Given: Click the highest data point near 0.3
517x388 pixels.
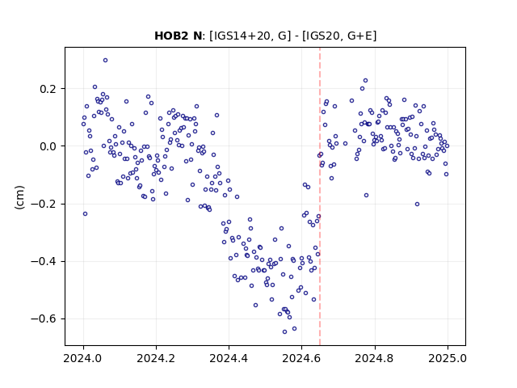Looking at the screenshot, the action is coord(106,61).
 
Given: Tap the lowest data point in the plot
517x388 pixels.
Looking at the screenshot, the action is coord(285,332).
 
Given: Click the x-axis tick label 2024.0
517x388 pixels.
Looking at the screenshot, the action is coord(83,358).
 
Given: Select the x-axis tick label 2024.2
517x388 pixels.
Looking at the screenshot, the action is coord(156,358).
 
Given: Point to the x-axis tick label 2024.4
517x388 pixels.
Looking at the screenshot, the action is coord(229,358).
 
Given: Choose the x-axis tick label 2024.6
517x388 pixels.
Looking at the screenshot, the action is coord(301,358).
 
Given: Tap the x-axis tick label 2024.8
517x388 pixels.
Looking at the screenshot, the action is coord(375,358).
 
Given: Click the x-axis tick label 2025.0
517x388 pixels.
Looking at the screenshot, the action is coord(448,358).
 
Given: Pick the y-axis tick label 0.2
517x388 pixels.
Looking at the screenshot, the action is coord(48,89).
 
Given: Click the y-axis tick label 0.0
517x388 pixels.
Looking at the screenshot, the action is coord(48,146).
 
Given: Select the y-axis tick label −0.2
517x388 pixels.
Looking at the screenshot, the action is coord(44,205).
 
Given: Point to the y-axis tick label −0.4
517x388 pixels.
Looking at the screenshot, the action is coord(44,262).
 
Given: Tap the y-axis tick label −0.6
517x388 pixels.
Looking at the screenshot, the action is coord(44,319).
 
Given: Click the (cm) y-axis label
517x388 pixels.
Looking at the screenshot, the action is coord(19,197).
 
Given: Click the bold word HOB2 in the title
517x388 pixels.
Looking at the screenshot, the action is coord(171,36).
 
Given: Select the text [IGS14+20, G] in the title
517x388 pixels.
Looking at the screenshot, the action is coord(250,36).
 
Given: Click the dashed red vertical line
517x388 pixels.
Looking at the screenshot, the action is coord(320,196).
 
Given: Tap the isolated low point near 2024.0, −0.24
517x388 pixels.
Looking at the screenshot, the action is coord(85,214).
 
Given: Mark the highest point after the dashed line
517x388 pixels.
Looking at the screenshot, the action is coord(365,81).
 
